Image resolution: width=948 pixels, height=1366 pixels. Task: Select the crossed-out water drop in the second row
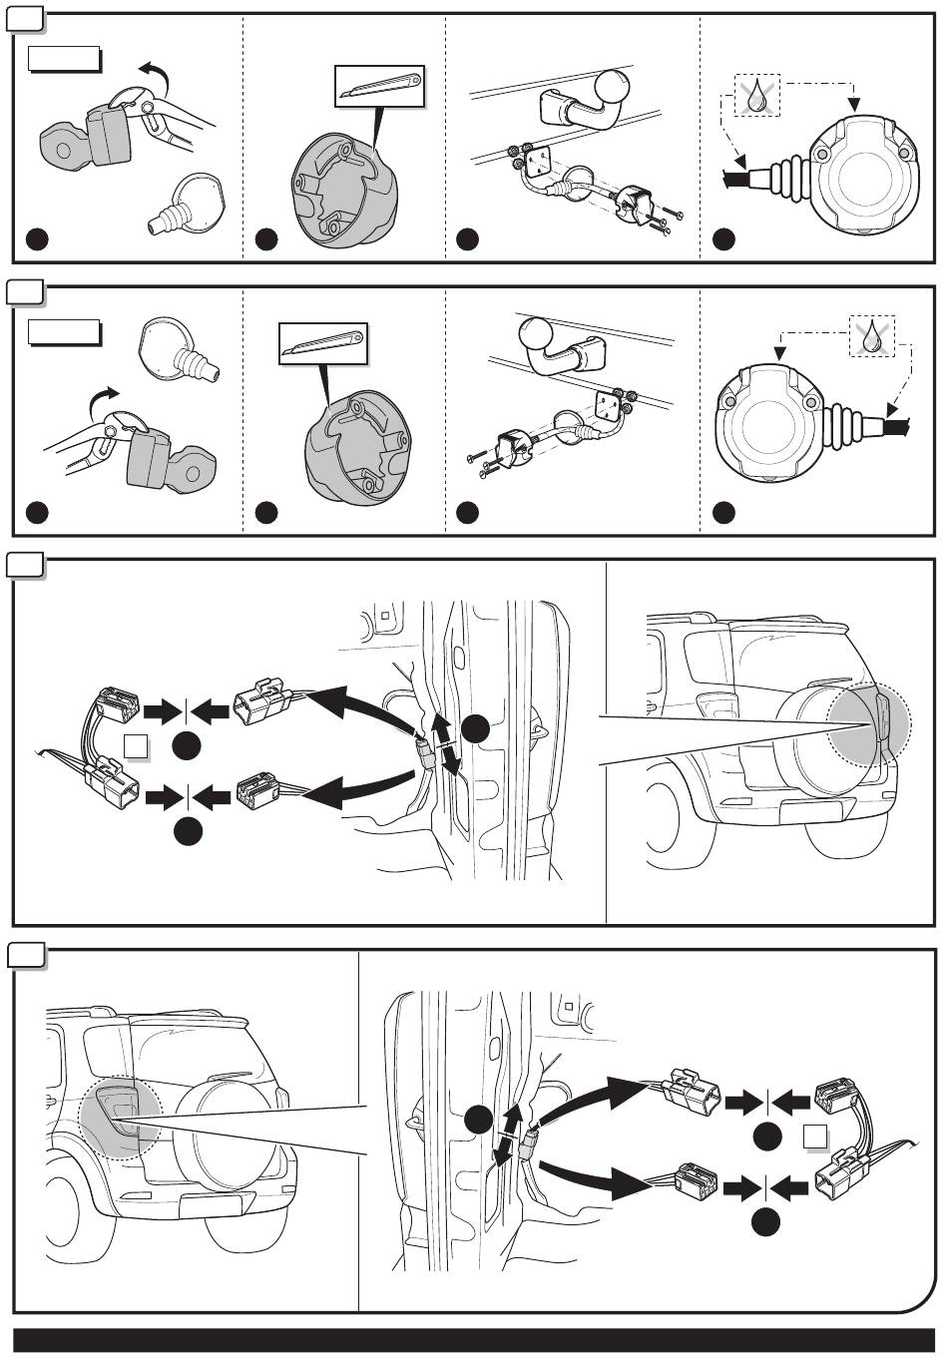pos(872,336)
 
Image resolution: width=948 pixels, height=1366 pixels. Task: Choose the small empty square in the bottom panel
pos(816,1136)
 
